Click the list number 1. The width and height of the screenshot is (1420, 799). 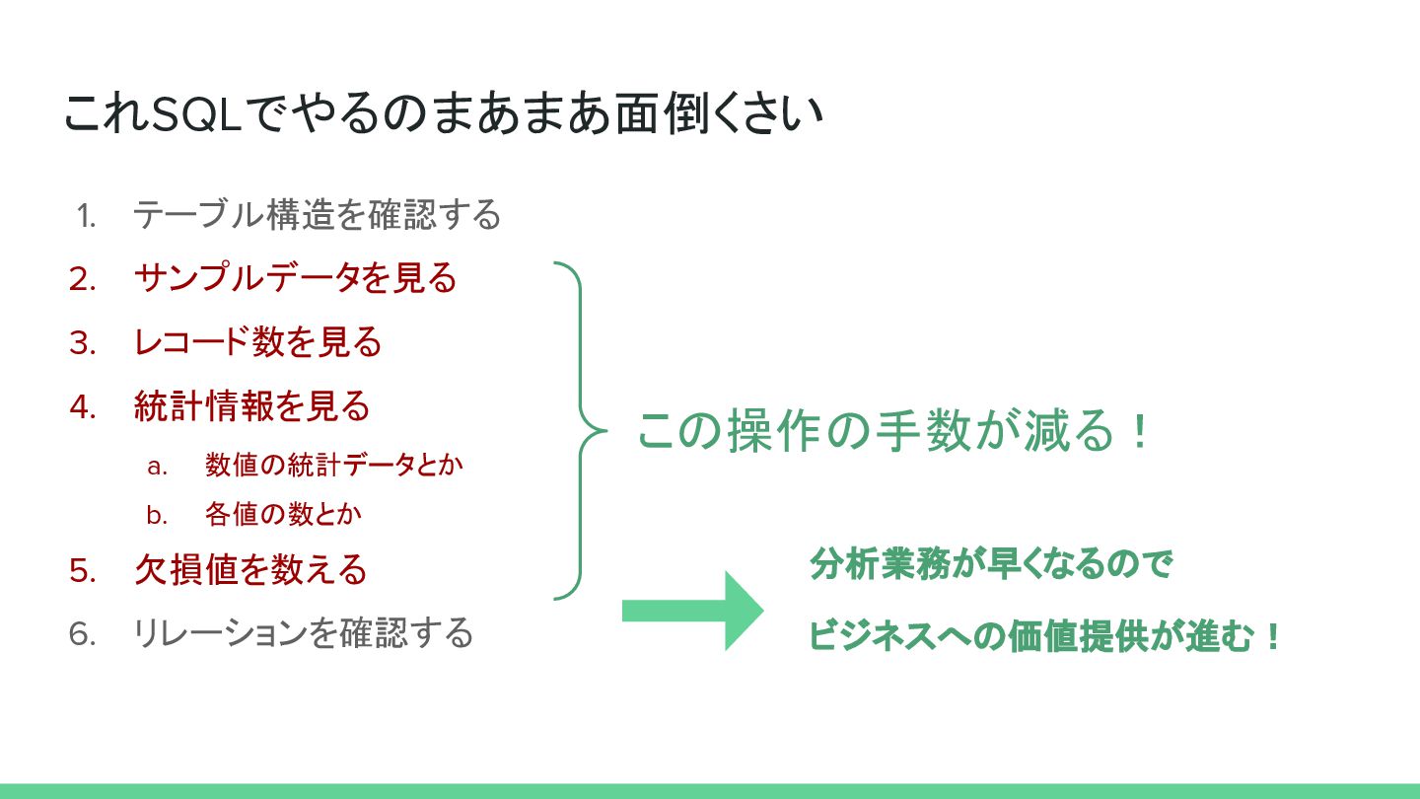click(86, 215)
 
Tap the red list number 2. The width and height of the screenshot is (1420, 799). click(83, 279)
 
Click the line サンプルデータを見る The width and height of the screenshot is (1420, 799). click(295, 278)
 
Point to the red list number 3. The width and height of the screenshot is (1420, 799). click(83, 343)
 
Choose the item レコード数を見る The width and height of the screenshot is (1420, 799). click(257, 342)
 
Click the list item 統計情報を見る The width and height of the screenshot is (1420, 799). click(251, 406)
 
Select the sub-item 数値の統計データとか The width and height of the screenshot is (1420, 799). click(334, 466)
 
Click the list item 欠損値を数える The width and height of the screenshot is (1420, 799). click(250, 570)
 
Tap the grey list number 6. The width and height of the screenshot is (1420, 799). click(83, 634)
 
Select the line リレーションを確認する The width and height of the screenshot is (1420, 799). click(304, 633)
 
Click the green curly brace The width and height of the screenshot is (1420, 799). click(580, 431)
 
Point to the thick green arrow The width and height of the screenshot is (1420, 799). click(692, 611)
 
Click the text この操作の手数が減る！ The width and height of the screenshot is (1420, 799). click(893, 432)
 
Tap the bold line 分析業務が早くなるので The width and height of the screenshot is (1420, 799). click(990, 565)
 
